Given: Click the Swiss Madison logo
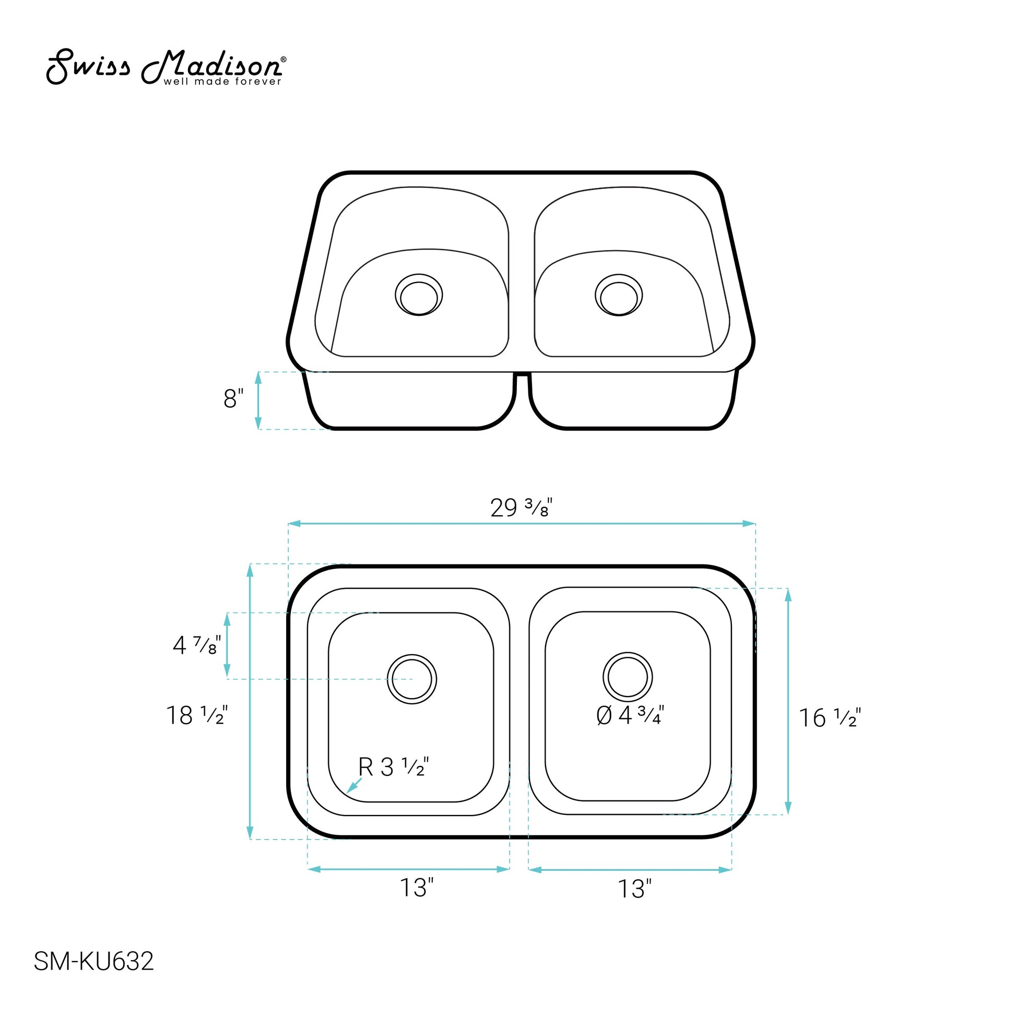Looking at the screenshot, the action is (x=166, y=67).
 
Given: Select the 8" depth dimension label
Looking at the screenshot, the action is (x=233, y=398).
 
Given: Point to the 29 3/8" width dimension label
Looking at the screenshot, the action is (x=521, y=507).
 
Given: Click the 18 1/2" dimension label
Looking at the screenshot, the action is (x=197, y=715).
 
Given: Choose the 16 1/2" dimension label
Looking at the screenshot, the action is (x=830, y=718).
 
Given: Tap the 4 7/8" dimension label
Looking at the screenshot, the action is (x=197, y=645).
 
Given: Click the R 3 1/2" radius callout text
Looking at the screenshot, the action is (x=393, y=767).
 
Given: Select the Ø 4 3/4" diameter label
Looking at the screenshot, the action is (x=631, y=716).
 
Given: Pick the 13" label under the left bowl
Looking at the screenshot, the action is (x=417, y=888).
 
